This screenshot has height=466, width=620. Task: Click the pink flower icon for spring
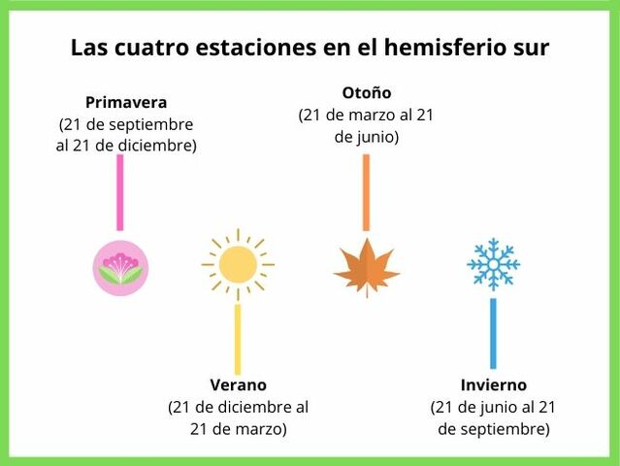pyautogui.click(x=120, y=268)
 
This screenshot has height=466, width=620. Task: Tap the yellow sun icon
pyautogui.click(x=238, y=264)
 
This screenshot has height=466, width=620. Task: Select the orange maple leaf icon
pyautogui.click(x=367, y=267)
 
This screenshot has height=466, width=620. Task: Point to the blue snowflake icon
pyautogui.click(x=493, y=264)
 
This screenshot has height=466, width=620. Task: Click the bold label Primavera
pyautogui.click(x=126, y=102)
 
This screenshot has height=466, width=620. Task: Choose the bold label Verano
pyautogui.click(x=238, y=385)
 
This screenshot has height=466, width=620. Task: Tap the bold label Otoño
pyautogui.click(x=367, y=93)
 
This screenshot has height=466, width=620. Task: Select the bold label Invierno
pyautogui.click(x=493, y=385)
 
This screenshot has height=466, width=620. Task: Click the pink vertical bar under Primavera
pyautogui.click(x=120, y=192)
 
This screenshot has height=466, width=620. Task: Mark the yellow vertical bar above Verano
pyautogui.click(x=238, y=339)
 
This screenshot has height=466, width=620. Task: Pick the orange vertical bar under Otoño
pyautogui.click(x=367, y=192)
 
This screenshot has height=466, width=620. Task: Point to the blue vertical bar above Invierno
pyautogui.click(x=493, y=333)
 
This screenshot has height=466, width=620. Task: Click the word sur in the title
pyautogui.click(x=530, y=49)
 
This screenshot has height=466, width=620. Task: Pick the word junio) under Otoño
pyautogui.click(x=376, y=137)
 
